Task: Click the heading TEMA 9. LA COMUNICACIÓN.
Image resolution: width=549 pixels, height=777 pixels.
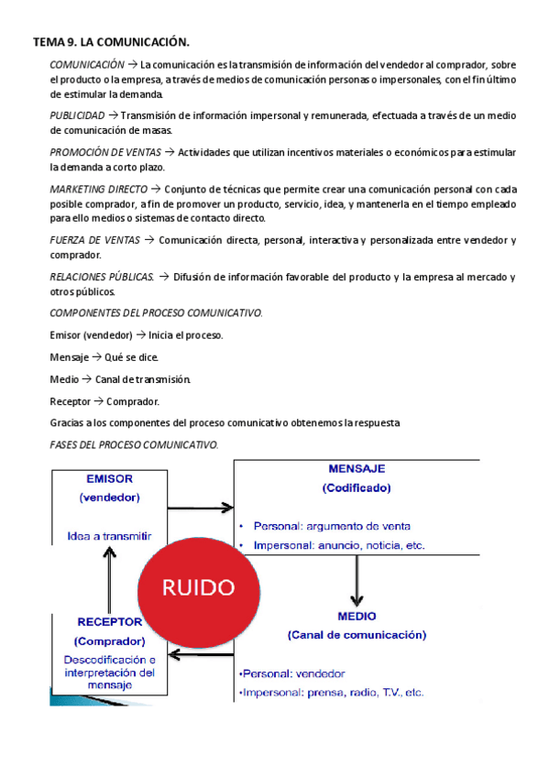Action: click(x=111, y=42)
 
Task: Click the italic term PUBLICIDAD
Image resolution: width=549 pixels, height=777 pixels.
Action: click(x=77, y=115)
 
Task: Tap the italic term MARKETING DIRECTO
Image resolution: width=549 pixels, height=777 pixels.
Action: click(x=96, y=188)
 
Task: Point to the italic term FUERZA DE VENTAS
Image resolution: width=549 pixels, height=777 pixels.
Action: click(x=94, y=240)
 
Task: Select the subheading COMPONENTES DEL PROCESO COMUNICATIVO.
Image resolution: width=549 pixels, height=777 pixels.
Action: click(x=156, y=313)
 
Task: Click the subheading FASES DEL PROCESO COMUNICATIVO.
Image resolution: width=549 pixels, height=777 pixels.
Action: click(x=134, y=444)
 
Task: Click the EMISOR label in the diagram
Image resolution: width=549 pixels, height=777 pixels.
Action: click(x=109, y=479)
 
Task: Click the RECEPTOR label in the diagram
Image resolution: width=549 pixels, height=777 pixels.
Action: click(x=109, y=622)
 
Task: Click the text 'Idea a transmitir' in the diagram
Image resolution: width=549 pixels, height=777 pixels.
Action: click(x=109, y=536)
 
